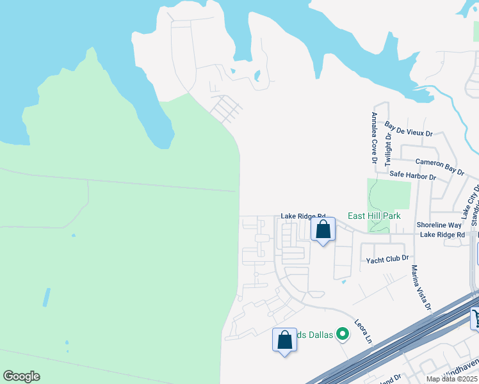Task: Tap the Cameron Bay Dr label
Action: [439, 166]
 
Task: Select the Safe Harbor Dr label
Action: [412, 175]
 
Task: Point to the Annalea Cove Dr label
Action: [374, 138]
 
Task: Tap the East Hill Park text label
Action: [374, 216]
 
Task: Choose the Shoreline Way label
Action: [439, 225]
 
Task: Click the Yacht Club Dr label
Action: [387, 260]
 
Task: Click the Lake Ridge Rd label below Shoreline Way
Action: [442, 235]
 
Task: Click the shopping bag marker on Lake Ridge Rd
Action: [323, 229]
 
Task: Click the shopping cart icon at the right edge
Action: [475, 317]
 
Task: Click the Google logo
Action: [21, 376]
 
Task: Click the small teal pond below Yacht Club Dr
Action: [344, 282]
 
